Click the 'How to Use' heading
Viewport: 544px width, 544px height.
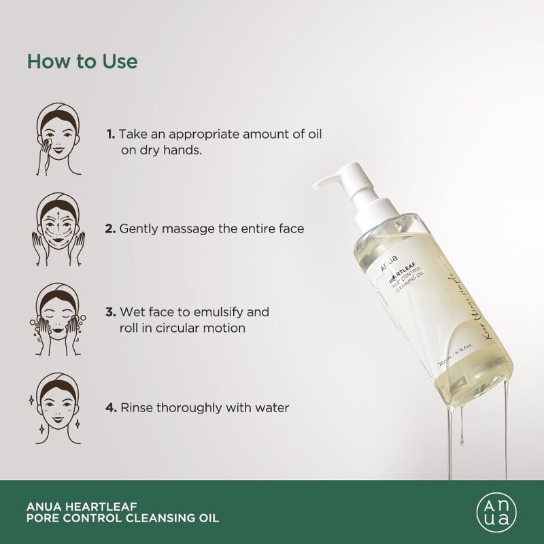(82, 61)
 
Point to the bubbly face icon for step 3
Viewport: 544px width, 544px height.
(58, 319)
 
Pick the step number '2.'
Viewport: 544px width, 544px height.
(111, 229)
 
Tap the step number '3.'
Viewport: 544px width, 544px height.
(111, 312)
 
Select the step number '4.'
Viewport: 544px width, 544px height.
(111, 408)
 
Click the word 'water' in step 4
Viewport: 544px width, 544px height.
(271, 408)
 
